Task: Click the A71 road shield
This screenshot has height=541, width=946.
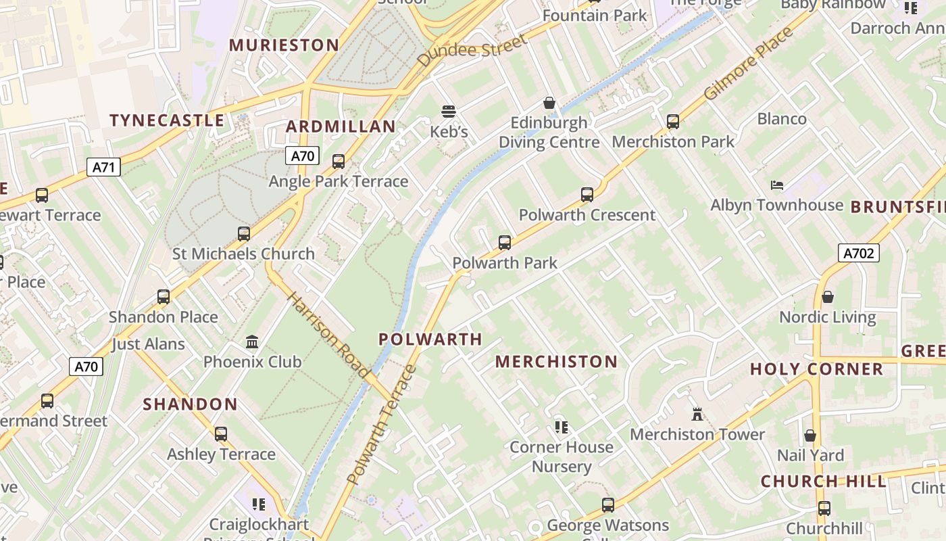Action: point(103,166)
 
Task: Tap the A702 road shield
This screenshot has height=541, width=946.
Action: point(859,254)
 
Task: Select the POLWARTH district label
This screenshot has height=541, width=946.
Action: point(430,339)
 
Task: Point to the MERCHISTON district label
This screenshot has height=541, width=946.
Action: point(556,362)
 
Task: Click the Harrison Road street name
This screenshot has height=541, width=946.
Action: point(329,335)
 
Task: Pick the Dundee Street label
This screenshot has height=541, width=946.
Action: point(472,51)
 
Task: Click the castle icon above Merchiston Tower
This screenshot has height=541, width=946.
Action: point(697,413)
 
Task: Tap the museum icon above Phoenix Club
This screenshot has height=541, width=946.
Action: point(252,342)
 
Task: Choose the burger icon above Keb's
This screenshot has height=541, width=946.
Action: point(449,111)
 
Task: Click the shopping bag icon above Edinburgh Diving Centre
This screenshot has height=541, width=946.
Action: point(549,103)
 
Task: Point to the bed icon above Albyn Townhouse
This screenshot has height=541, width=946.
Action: point(777,185)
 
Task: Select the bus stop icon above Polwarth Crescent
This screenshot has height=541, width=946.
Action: point(587,195)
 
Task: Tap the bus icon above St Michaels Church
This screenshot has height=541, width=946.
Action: point(244,234)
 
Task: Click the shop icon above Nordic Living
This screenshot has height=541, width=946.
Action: point(827,297)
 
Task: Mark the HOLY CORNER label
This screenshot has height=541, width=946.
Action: point(816,369)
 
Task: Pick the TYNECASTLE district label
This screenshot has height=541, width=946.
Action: point(167,121)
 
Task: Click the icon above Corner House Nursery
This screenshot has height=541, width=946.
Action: point(561,427)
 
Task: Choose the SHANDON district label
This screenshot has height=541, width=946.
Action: point(190,405)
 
